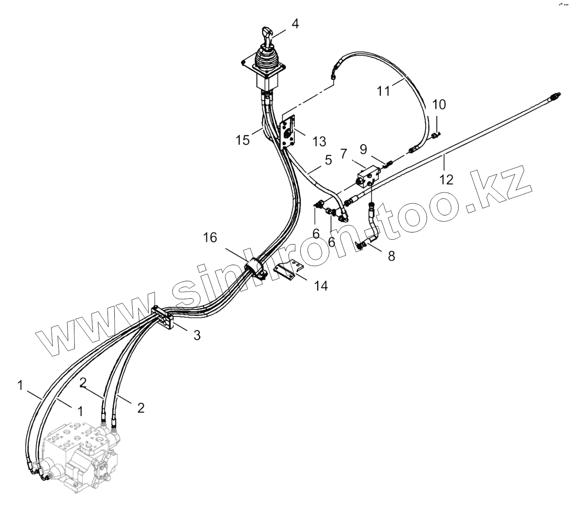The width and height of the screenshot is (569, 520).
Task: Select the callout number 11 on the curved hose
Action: point(383,90)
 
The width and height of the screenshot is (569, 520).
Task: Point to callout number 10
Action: point(439,105)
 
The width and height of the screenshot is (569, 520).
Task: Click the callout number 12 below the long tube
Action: point(447,179)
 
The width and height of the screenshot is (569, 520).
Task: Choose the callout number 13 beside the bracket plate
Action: point(319,142)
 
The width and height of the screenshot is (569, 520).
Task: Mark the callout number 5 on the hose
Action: point(328,160)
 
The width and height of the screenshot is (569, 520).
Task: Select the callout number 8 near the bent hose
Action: point(391,256)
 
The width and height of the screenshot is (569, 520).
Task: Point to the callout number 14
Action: point(321,285)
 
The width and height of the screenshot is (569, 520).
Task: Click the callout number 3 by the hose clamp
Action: point(197,335)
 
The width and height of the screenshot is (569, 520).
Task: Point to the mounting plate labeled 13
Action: point(289,133)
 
